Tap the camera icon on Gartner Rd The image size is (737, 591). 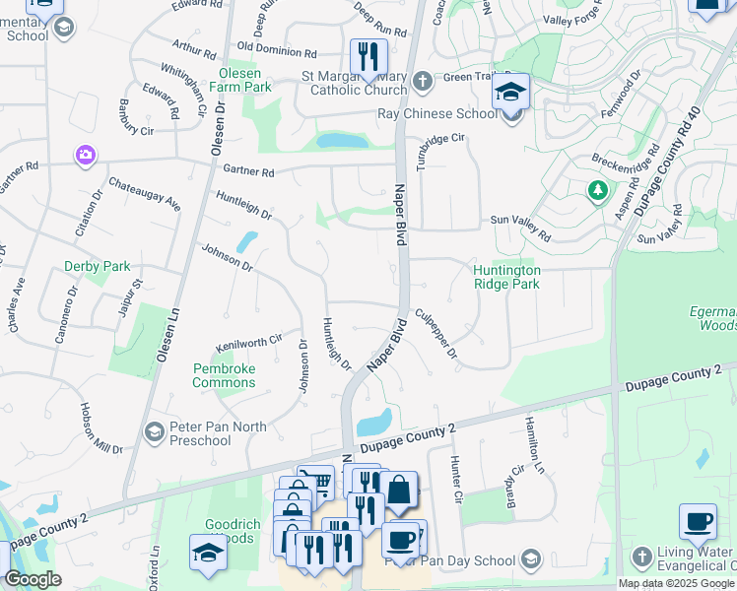click(86, 155)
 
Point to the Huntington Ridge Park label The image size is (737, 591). click(506, 277)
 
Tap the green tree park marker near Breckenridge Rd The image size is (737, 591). click(596, 189)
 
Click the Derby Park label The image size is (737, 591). click(97, 266)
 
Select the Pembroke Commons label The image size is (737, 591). click(224, 376)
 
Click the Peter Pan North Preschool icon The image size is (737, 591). click(154, 431)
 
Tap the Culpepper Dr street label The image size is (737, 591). click(436, 333)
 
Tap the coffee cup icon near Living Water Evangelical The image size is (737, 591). click(698, 522)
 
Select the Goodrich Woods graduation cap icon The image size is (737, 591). click(208, 553)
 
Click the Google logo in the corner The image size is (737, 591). click(33, 579)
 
